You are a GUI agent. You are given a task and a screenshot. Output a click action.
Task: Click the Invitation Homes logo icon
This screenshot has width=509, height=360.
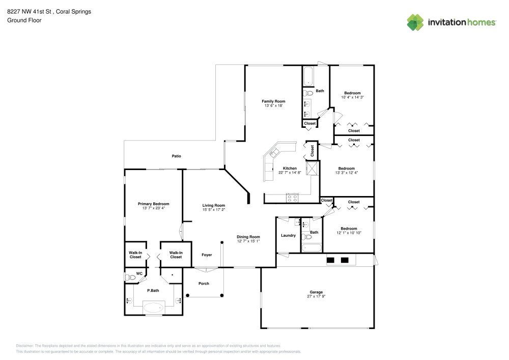(x=415, y=22)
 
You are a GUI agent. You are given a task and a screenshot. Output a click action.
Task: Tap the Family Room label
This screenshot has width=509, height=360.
(x=273, y=101)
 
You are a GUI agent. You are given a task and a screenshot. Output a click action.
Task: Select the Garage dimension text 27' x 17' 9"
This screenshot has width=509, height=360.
(x=316, y=296)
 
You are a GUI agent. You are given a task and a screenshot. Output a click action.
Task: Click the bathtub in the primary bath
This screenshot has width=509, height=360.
(x=153, y=307)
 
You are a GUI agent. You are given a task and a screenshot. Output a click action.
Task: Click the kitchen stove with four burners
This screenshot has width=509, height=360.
(x=292, y=198)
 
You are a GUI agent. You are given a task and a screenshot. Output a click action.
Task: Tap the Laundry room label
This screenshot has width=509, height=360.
(x=288, y=235)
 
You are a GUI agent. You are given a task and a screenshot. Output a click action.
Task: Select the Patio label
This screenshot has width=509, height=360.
(x=176, y=156)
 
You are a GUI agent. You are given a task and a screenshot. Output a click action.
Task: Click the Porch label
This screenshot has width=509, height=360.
(x=204, y=283)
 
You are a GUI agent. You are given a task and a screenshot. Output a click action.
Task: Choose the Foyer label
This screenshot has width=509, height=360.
(x=207, y=255)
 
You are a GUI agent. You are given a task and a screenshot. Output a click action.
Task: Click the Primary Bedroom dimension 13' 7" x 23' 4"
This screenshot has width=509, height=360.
(x=153, y=208)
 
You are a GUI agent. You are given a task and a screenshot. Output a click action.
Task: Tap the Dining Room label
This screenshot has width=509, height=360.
(x=248, y=237)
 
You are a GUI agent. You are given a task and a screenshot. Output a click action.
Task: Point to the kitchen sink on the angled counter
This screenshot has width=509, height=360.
(x=275, y=152)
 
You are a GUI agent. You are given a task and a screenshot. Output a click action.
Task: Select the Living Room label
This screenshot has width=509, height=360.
(x=213, y=205)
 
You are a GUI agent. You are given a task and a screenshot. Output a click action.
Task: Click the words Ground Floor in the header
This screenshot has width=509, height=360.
(x=24, y=20)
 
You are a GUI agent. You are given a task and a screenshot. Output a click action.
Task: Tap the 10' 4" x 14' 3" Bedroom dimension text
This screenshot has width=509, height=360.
(x=352, y=97)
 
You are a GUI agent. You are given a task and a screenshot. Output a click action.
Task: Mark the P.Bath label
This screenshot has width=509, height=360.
(x=153, y=290)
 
